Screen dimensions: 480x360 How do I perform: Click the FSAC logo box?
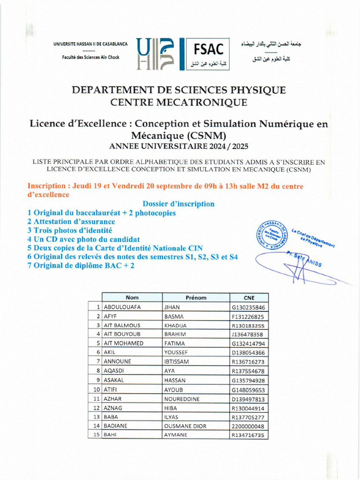click(205, 54)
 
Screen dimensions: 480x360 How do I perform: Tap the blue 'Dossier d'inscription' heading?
click(178, 204)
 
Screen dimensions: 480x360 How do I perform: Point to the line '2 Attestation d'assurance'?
click(71, 221)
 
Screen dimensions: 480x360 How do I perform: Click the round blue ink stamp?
click(270, 235)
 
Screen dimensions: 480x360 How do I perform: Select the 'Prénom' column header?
click(196, 298)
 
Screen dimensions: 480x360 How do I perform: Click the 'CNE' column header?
click(249, 298)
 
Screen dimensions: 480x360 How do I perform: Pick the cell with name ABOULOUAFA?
click(122, 307)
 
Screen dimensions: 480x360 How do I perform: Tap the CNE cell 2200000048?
click(248, 426)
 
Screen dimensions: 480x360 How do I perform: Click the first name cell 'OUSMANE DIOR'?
click(185, 426)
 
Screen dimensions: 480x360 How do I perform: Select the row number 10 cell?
click(96, 390)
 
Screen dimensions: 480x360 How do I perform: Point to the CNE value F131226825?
click(248, 316)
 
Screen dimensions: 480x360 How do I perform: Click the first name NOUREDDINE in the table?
click(182, 399)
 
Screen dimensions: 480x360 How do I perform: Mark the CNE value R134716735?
click(248, 435)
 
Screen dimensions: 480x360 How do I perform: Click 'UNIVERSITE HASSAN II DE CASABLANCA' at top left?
click(90, 44)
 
